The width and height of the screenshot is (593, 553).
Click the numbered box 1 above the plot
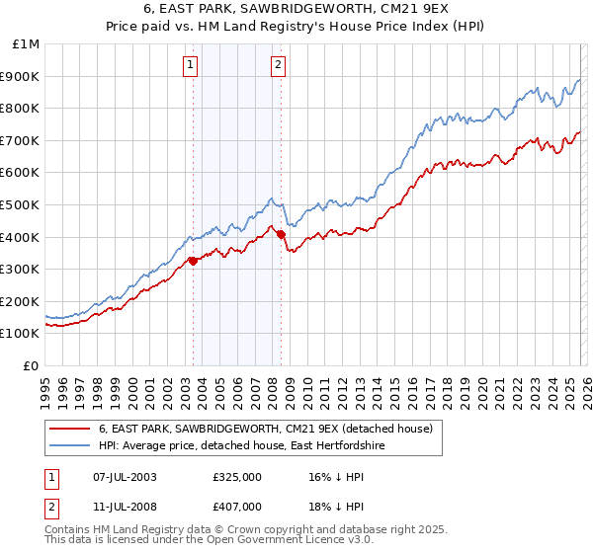(190, 66)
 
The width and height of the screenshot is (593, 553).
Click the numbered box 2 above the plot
(278, 66)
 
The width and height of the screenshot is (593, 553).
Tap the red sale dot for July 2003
(193, 261)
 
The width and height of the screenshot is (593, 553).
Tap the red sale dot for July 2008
(281, 234)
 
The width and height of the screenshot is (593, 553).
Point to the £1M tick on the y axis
(28, 43)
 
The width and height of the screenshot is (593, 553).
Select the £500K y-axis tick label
(22, 204)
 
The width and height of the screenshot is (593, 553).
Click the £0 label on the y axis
(31, 365)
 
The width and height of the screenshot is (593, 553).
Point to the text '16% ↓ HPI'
(322, 476)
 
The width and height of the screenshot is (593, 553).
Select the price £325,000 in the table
(236, 476)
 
